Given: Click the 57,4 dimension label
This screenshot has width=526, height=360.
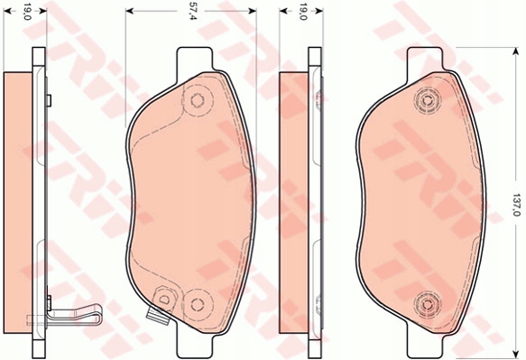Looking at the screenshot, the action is [x=192, y=11].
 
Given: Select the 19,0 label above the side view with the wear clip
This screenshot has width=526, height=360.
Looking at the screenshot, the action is [x=27, y=12].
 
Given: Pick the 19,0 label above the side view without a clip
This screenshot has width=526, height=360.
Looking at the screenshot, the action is [x=303, y=12].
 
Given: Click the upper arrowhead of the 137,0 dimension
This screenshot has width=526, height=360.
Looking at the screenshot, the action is [x=515, y=51].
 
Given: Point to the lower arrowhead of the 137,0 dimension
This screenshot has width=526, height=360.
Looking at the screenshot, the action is [x=515, y=354].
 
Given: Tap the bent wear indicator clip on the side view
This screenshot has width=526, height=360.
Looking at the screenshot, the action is [x=74, y=315].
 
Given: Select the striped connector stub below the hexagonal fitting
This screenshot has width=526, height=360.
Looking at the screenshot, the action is [x=158, y=317].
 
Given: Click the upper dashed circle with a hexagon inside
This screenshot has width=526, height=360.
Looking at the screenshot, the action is [x=198, y=100].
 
